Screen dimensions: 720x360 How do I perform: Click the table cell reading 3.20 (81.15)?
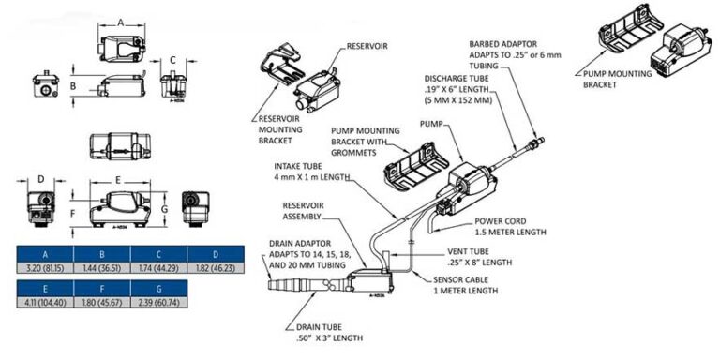45,268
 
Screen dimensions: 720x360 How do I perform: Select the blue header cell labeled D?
216,254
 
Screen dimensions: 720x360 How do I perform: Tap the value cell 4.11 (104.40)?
45,302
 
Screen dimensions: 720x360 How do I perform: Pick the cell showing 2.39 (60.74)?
158,302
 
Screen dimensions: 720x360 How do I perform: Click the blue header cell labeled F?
102,289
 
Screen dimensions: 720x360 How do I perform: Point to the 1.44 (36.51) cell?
102,268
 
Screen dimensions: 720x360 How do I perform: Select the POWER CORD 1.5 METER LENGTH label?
511,226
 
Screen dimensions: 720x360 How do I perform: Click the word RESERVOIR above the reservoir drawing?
367,46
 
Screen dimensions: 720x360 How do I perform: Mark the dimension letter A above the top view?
121,22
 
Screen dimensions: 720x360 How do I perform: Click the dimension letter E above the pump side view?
118,180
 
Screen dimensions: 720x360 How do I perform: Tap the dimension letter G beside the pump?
165,209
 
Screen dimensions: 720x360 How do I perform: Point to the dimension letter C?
172,60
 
